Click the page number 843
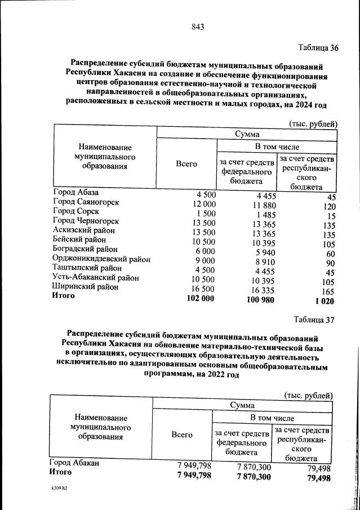197,26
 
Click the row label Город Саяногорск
86,202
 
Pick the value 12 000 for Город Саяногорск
203,203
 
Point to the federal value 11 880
260,205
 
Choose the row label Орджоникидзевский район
101,259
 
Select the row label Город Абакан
74,463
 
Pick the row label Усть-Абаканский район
95,277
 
